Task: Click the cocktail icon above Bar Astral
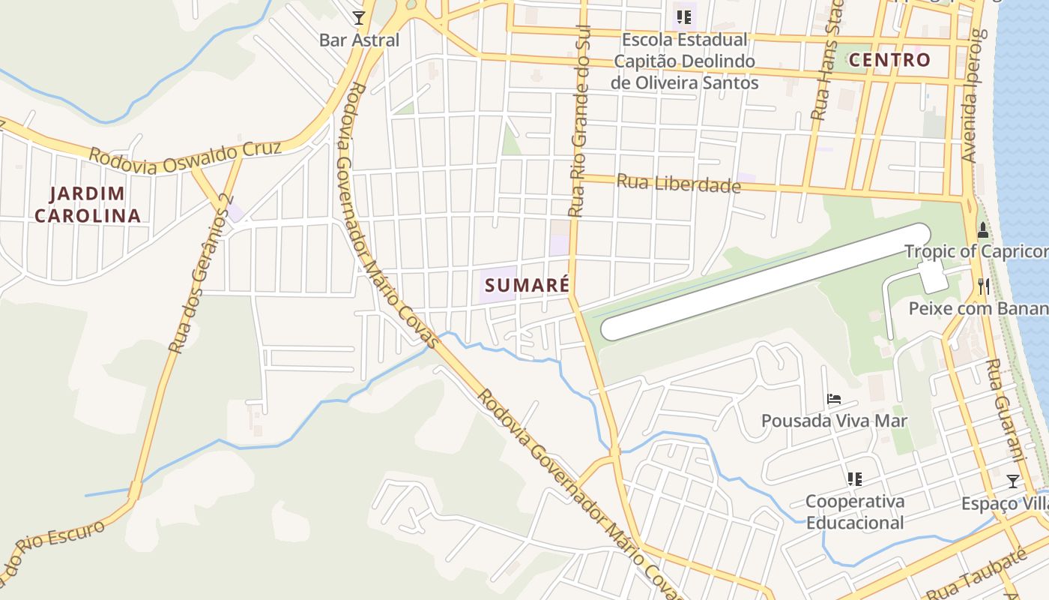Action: [359, 17]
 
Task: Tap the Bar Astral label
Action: [359, 40]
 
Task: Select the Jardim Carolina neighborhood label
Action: [88, 205]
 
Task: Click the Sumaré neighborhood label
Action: [527, 285]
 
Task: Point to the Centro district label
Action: [890, 60]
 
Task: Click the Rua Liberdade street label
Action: [678, 183]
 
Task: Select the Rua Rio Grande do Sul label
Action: [580, 120]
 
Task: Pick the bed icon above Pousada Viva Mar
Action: [833, 398]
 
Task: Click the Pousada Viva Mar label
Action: [834, 421]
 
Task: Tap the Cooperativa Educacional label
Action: [855, 511]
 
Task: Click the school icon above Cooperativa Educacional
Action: [854, 478]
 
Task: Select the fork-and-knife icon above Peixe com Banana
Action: [983, 286]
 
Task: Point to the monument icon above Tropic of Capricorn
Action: [983, 229]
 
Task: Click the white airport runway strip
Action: [764, 283]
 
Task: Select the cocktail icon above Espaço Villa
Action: [1013, 481]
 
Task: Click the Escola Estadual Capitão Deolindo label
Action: [684, 61]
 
